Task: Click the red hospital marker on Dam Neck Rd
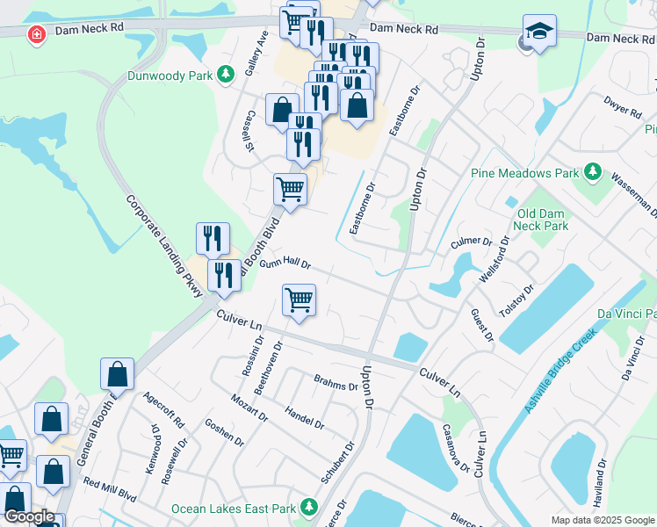[x=36, y=35]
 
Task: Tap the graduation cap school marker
[x=539, y=32]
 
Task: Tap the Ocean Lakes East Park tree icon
[x=308, y=508]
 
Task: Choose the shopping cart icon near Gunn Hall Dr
[x=299, y=300]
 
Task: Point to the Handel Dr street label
[x=305, y=416]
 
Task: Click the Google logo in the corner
[x=29, y=516]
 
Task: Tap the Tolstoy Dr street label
[x=516, y=303]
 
